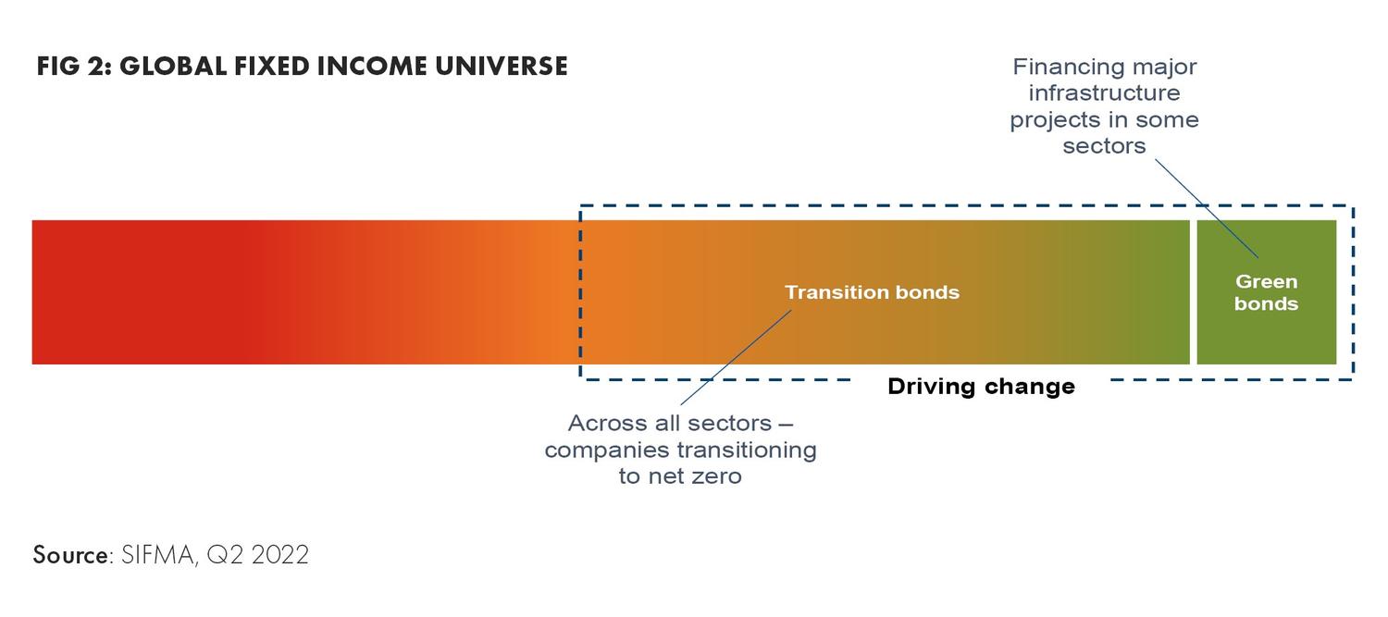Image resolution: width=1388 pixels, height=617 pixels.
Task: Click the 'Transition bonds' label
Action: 872,291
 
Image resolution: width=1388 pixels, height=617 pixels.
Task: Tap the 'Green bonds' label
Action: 1266,292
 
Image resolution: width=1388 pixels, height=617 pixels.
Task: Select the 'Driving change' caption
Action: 981,387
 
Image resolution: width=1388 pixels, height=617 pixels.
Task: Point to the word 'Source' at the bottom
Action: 70,555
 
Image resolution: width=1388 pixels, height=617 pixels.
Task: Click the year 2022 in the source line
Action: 280,555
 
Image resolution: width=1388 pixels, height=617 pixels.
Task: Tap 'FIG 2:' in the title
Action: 74,67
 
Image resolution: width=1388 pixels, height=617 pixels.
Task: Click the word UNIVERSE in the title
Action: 502,67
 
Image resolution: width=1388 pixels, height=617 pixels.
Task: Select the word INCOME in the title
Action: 372,67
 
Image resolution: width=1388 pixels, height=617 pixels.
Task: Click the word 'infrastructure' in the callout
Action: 1104,93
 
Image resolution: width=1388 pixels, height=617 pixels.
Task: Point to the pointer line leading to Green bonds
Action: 1207,208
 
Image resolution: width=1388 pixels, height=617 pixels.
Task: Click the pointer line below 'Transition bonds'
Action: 737,357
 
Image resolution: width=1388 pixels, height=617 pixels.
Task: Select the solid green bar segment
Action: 1267,291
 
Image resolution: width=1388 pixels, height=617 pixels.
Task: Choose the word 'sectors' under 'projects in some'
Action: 1104,146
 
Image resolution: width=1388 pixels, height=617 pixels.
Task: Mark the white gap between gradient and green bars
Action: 1194,291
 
